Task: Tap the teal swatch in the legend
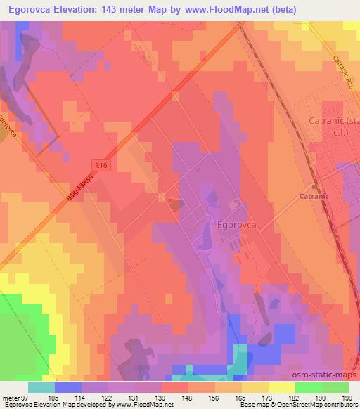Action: coord(41,387)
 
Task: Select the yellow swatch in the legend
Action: coord(281,387)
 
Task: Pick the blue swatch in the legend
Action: coord(68,387)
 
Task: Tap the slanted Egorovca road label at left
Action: coord(11,126)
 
